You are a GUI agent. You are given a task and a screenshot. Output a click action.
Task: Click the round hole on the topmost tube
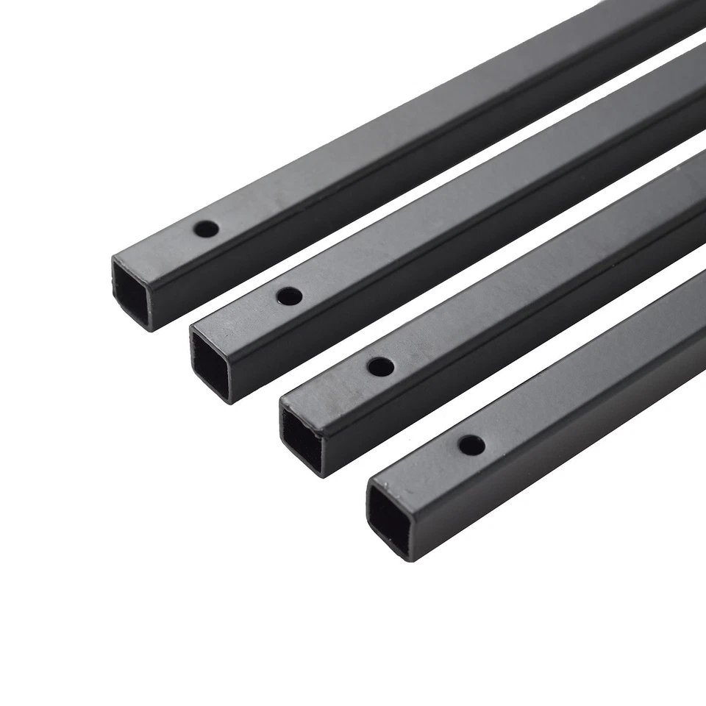click(206, 229)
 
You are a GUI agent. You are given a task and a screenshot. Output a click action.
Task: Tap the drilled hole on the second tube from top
click(289, 297)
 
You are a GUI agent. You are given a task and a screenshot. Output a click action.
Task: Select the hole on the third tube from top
click(379, 366)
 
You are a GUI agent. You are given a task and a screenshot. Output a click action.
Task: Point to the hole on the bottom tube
click(471, 444)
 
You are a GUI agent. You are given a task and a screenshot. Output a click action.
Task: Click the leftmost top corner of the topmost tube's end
click(112, 257)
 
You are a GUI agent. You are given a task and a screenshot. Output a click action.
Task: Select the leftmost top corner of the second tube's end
click(191, 327)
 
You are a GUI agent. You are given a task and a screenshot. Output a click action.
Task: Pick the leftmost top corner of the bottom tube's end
click(367, 482)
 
